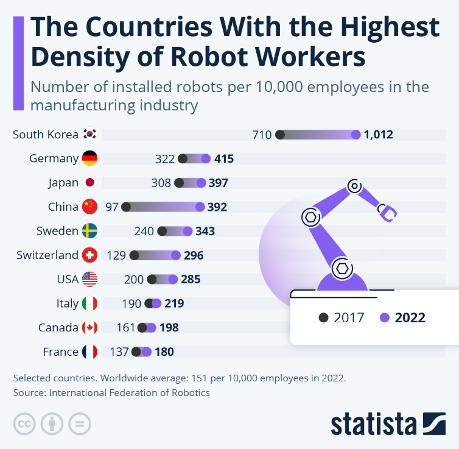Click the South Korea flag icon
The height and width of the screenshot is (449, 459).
[89, 135]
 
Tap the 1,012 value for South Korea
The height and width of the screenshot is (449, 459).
[379, 135]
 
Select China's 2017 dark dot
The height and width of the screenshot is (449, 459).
[126, 207]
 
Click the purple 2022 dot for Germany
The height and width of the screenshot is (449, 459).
[206, 159]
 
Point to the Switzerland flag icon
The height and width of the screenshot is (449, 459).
[89, 255]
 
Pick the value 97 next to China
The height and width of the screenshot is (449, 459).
[112, 207]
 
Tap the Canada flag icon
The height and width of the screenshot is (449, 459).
[89, 328]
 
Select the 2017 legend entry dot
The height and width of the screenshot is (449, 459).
[324, 317]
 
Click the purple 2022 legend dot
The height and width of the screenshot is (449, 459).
[384, 317]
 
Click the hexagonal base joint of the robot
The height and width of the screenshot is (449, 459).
[342, 267]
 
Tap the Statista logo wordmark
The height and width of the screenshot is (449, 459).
[372, 424]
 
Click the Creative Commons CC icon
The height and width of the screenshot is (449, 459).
[23, 423]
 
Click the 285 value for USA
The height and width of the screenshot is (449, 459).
[190, 280]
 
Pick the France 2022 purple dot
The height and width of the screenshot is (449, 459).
[145, 352]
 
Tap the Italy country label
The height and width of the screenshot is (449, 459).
[68, 303]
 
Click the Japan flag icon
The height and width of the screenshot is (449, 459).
[89, 183]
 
